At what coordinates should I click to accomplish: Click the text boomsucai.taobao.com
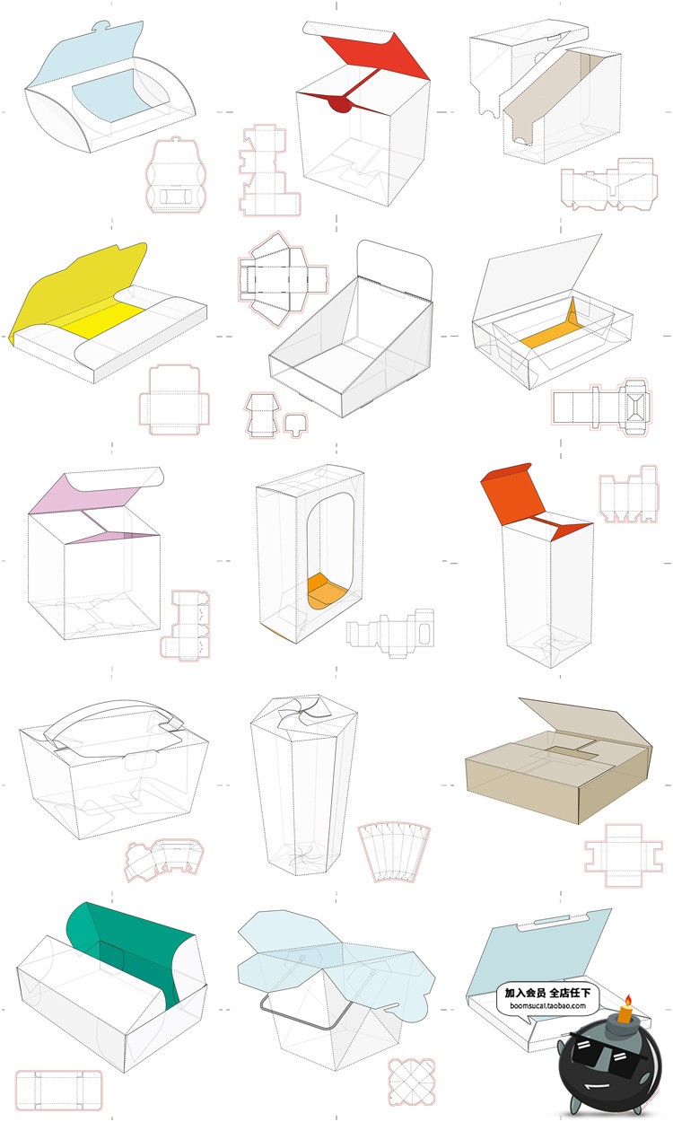pos(547,1005)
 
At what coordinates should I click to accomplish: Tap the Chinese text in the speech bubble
pos(547,992)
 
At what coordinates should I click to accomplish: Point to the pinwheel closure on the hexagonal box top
pos(301,710)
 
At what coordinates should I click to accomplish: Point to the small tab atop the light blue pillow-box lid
pos(102,26)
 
